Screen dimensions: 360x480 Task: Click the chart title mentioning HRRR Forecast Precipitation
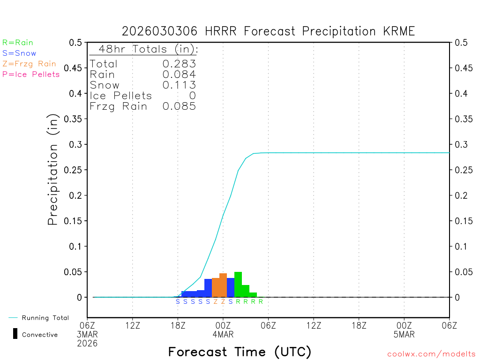coord(268,31)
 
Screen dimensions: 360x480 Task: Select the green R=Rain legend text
coord(18,43)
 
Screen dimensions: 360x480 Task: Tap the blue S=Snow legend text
coord(19,53)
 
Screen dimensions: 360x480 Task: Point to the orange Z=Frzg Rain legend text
coord(29,64)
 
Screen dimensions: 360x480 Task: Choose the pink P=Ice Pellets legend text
coord(31,74)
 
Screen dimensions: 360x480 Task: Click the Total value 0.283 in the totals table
coord(179,64)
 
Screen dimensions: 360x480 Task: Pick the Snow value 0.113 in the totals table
coord(179,85)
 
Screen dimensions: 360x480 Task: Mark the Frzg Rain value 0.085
coord(179,106)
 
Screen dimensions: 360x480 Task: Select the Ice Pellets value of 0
coord(192,96)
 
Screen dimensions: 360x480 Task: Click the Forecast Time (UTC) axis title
coord(240,352)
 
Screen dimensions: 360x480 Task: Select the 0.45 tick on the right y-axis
coord(462,68)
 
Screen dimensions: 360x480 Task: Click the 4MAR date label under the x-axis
coord(223,335)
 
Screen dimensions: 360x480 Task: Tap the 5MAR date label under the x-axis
coord(404,335)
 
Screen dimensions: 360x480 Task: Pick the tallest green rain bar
coord(238,285)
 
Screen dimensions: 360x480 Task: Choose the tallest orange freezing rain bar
coord(223,285)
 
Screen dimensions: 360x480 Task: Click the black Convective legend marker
coord(15,334)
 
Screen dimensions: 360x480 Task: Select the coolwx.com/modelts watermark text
coord(431,354)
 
